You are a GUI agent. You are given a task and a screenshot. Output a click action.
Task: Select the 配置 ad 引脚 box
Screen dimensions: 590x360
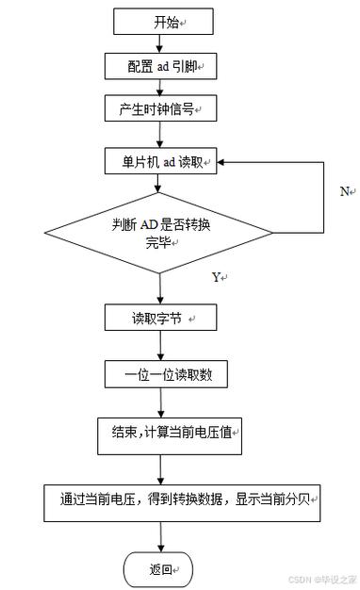point(160,66)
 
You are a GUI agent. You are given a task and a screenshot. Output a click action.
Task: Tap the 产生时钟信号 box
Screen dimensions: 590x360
point(160,109)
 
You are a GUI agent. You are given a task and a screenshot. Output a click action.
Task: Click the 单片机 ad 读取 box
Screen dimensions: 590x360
point(160,162)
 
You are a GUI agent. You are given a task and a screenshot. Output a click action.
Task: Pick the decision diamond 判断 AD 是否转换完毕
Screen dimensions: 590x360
point(160,232)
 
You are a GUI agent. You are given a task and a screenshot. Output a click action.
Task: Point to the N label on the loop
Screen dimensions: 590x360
point(345,191)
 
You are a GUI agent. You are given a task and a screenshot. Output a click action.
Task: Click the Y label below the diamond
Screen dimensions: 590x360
point(218,277)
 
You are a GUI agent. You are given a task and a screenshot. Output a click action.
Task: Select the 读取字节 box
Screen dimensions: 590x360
point(160,318)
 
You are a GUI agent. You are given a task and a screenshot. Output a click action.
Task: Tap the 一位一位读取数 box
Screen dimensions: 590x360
point(160,374)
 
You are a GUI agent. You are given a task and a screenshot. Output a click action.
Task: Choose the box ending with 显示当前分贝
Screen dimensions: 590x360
point(184,500)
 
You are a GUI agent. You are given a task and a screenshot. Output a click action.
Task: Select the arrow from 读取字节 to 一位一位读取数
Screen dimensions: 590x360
point(160,346)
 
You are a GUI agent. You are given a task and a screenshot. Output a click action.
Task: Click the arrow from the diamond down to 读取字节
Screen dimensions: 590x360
point(160,288)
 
